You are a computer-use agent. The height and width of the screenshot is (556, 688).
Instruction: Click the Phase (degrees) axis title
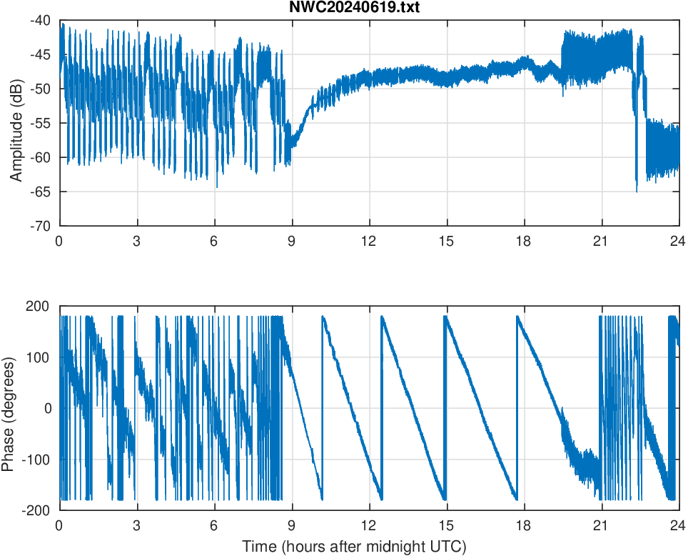click(9, 408)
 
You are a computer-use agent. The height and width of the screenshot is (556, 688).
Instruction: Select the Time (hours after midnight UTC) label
click(354, 547)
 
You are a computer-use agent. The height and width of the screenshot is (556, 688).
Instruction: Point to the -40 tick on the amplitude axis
click(41, 21)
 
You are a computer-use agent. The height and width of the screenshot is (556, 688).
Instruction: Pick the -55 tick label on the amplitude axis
click(41, 123)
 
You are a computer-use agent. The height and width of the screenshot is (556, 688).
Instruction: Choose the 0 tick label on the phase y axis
click(49, 408)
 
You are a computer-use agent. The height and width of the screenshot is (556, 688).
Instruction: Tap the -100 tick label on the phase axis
click(37, 459)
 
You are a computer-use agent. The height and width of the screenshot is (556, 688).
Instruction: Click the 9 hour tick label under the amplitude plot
click(291, 241)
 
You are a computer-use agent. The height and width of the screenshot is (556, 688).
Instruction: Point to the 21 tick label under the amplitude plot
click(601, 241)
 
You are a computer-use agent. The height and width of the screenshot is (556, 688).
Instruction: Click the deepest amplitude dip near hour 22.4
click(637, 191)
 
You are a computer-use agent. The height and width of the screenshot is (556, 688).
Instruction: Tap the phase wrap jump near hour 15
click(445, 407)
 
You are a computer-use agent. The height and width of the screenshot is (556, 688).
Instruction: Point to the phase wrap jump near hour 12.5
click(381, 407)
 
